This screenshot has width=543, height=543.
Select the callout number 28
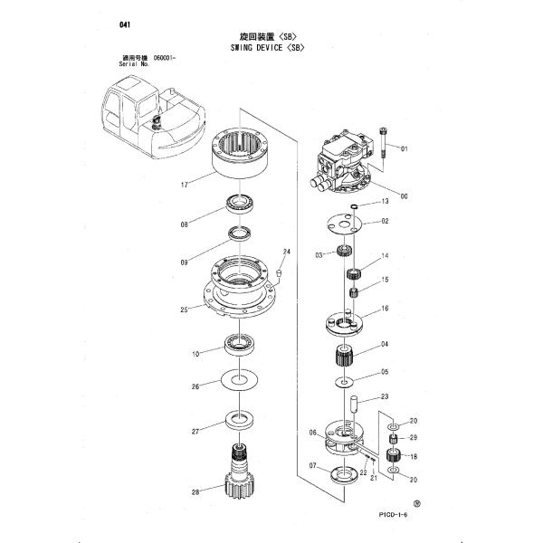tap(195, 492)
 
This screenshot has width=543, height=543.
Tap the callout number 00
tap(404, 196)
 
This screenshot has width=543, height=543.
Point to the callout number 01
tap(404, 148)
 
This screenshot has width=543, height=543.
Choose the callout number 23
tap(384, 396)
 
